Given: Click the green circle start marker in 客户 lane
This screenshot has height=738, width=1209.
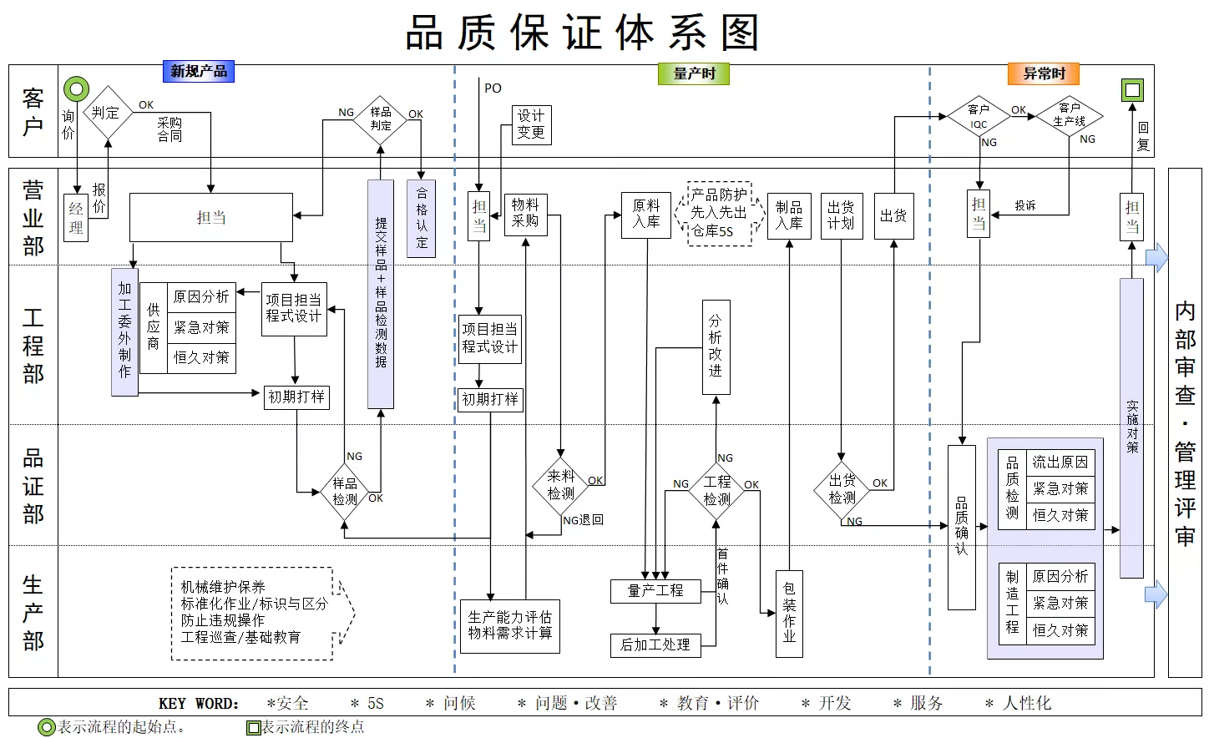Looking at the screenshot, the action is pyautogui.click(x=76, y=89).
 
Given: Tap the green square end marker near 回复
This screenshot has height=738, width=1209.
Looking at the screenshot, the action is pyautogui.click(x=1132, y=90).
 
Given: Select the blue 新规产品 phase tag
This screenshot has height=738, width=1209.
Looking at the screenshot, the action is pyautogui.click(x=199, y=71).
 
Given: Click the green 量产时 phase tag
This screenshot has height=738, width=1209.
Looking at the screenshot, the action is pyautogui.click(x=694, y=73).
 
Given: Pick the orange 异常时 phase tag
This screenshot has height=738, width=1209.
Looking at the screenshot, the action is pyautogui.click(x=1044, y=73).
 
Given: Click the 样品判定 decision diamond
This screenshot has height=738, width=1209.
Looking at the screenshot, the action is pyautogui.click(x=380, y=119).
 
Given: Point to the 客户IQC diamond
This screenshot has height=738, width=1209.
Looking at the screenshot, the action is pyautogui.click(x=979, y=116).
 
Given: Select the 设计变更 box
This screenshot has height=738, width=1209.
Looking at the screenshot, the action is pyautogui.click(x=532, y=124).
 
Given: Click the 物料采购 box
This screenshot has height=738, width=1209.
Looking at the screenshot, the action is pyautogui.click(x=526, y=215).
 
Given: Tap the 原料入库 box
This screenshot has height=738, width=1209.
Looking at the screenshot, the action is pyautogui.click(x=646, y=215).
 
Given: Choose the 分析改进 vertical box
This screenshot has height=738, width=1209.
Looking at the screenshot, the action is pyautogui.click(x=716, y=347).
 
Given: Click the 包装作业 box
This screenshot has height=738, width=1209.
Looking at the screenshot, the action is pyautogui.click(x=789, y=614).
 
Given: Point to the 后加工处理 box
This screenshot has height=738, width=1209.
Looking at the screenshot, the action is pyautogui.click(x=655, y=645).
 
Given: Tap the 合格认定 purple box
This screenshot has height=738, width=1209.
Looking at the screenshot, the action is pyautogui.click(x=421, y=218).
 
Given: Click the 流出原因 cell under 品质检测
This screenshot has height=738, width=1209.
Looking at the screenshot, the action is pyautogui.click(x=1060, y=463).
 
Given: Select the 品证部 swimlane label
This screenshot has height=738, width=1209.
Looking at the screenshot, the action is pyautogui.click(x=33, y=486).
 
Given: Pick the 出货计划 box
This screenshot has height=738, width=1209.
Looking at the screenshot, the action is pyautogui.click(x=841, y=215).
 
